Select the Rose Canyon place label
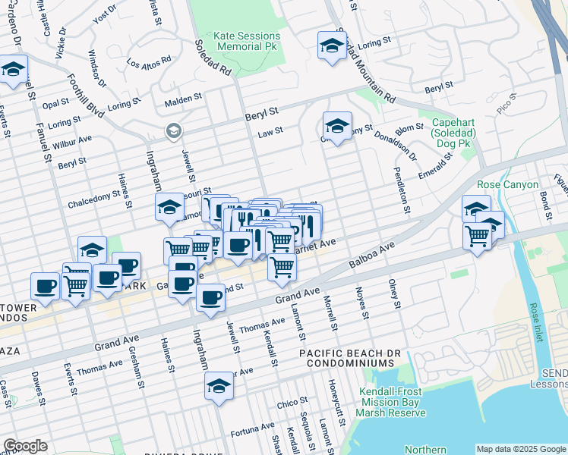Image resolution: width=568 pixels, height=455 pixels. (x=508, y=184)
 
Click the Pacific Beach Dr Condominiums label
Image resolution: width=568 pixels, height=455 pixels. (x=354, y=359)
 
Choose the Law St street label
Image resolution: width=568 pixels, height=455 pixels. (x=270, y=131)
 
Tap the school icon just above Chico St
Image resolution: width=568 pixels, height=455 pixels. (x=219, y=385)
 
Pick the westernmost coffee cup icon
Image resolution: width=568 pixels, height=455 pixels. (x=45, y=286)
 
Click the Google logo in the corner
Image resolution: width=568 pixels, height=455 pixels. (x=25, y=446)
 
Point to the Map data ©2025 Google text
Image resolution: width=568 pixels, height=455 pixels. (x=520, y=449)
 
